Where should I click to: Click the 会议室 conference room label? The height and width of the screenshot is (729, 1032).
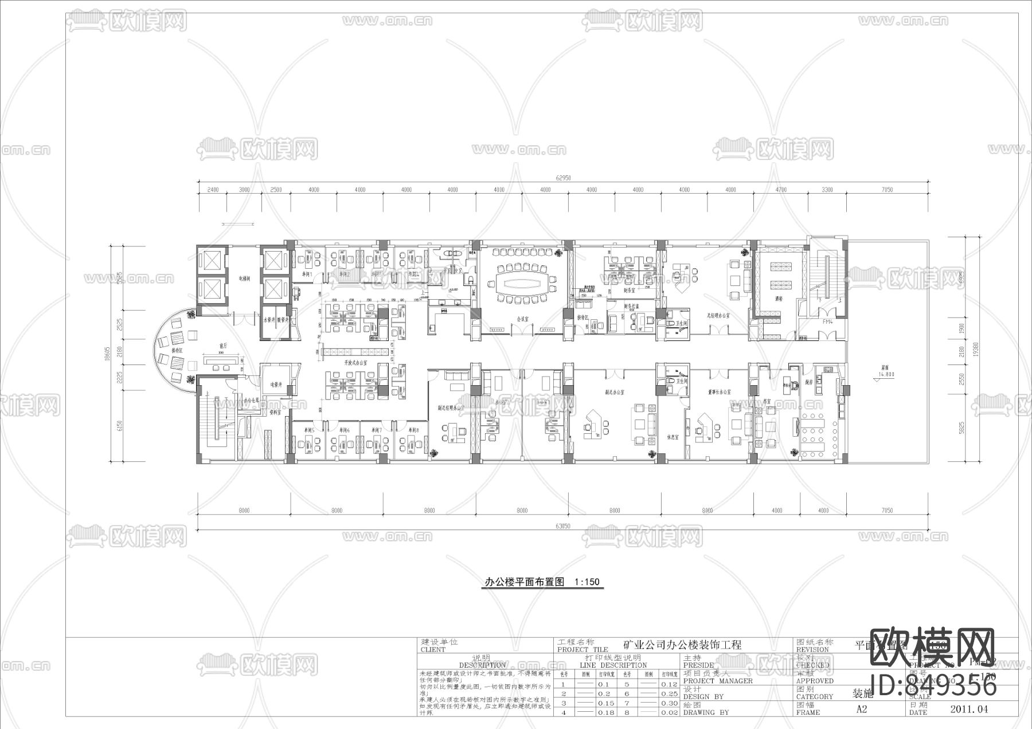coord(522,318)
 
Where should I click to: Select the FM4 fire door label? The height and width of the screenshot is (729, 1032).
coord(827,322)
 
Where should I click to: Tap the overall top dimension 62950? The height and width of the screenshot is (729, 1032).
coord(564,178)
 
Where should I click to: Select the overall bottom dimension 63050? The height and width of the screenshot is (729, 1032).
coord(563,526)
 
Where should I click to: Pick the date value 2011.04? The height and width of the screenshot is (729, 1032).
coord(969,709)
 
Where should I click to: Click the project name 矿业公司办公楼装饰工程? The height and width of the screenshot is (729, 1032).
coord(682,645)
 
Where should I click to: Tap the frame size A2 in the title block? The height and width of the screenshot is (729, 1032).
coord(862,709)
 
